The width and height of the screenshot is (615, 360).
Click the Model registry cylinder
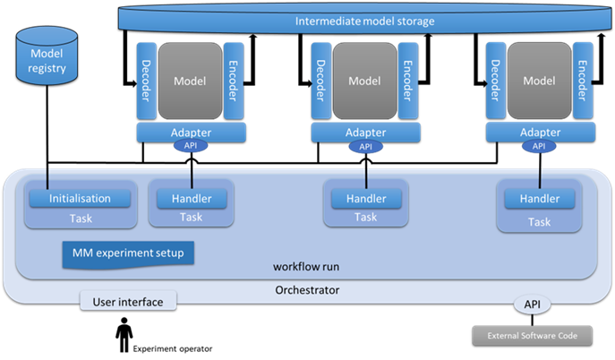click(x=47, y=56)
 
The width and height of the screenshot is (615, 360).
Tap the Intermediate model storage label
click(x=364, y=21)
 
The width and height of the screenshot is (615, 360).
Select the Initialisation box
click(x=80, y=199)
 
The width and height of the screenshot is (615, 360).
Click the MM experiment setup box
click(x=128, y=254)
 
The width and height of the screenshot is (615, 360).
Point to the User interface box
click(x=128, y=301)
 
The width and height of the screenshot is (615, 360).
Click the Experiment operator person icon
click(x=124, y=335)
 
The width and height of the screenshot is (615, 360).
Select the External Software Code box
click(x=533, y=336)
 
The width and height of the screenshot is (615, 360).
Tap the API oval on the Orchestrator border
click(x=533, y=304)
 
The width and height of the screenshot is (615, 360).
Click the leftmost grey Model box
click(x=190, y=81)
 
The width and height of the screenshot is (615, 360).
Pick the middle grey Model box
click(x=364, y=81)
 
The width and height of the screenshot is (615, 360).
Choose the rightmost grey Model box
click(x=539, y=81)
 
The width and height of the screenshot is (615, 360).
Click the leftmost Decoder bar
click(x=146, y=81)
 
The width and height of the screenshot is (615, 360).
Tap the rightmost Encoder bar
click(x=583, y=81)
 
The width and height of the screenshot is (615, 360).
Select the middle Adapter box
click(x=365, y=133)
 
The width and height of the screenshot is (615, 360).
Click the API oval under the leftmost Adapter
click(x=191, y=146)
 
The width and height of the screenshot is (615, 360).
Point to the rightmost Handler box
click(x=540, y=199)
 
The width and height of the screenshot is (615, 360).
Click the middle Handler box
click(x=366, y=199)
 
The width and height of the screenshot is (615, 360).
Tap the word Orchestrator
click(x=307, y=290)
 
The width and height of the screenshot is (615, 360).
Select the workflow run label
click(x=306, y=267)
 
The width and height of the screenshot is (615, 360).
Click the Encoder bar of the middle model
click(x=408, y=81)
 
